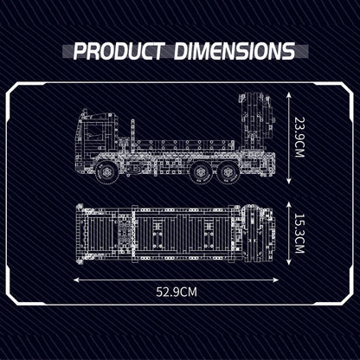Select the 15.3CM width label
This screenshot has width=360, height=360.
299,234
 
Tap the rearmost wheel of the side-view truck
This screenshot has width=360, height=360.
229,173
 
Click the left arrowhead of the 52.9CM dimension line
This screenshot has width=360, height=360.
77,280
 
